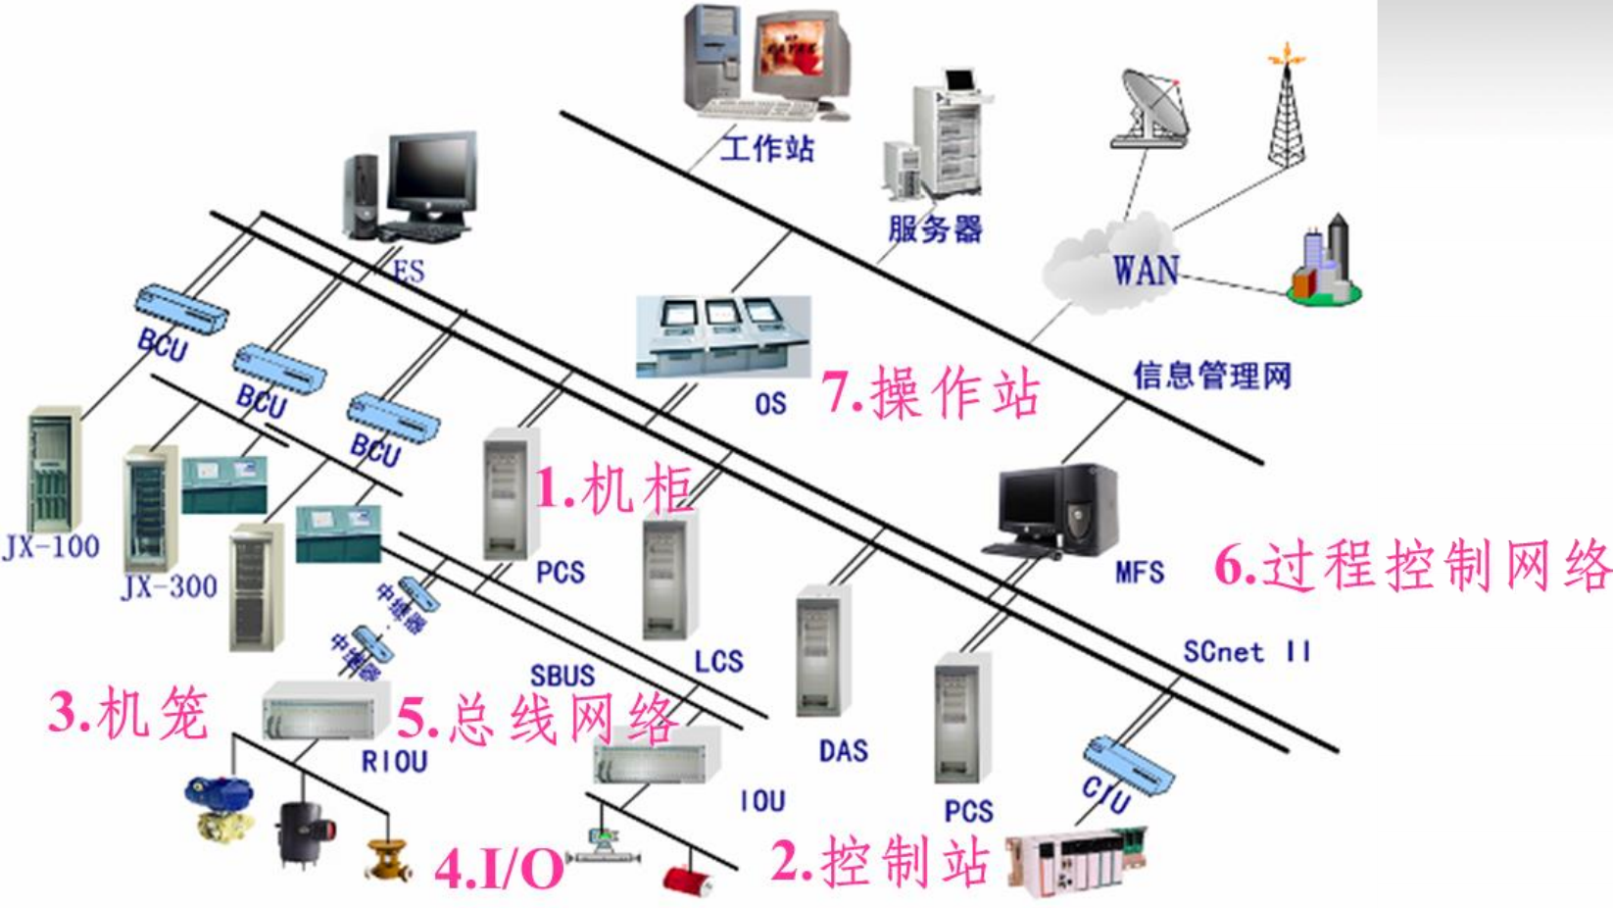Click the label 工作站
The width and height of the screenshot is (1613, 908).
[x=767, y=149]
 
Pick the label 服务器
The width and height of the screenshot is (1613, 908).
[x=934, y=229]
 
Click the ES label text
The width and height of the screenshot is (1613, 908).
[x=410, y=270]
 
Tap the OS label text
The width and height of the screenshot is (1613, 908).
[x=770, y=403]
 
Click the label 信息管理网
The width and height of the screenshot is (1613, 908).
[x=1212, y=375]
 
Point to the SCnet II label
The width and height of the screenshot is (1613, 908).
[x=1246, y=652]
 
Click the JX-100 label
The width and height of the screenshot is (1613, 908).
[x=52, y=547]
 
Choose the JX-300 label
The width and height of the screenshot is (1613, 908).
[x=170, y=586]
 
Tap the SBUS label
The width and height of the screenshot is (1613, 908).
[x=562, y=676]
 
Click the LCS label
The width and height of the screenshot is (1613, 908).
[x=718, y=662]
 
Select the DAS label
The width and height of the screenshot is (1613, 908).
[x=844, y=751]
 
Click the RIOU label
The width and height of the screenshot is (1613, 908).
[x=395, y=761]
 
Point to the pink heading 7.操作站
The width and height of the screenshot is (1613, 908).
[x=930, y=393]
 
